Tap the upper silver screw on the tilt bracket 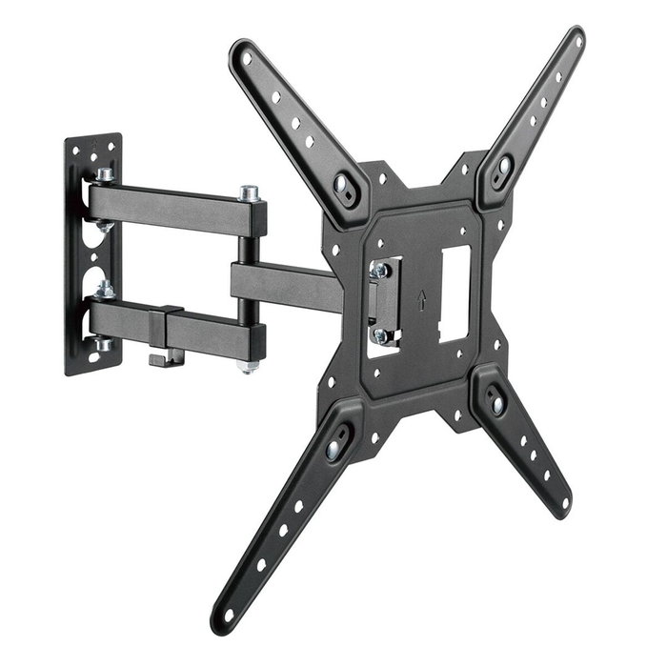[380, 271]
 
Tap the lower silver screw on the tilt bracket [379, 335]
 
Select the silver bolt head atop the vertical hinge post [251, 193]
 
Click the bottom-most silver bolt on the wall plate [103, 343]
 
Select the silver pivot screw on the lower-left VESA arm [336, 443]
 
